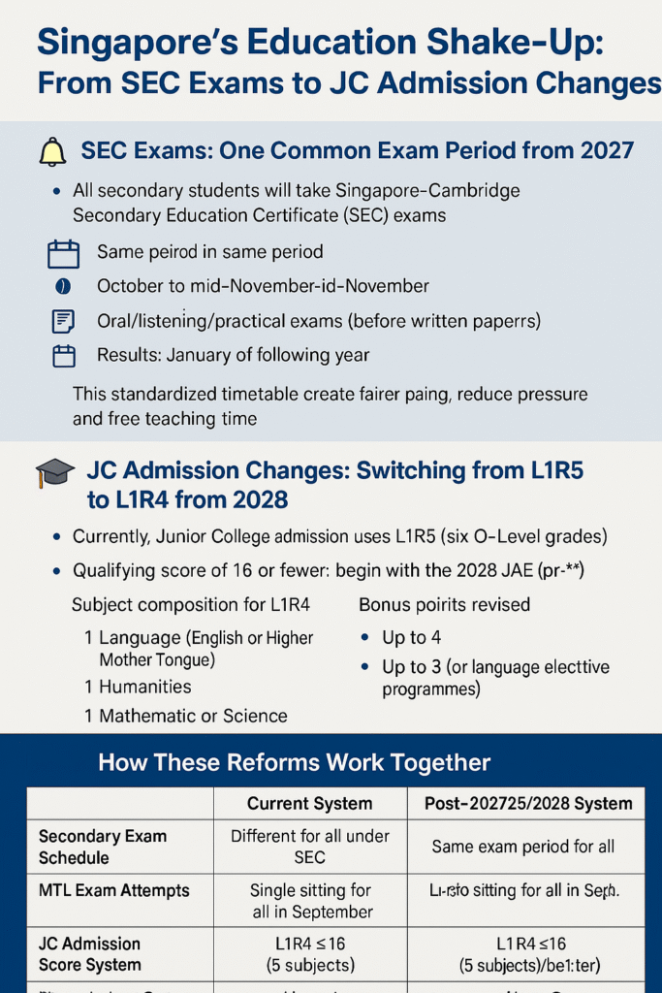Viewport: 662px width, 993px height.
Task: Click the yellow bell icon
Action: pyautogui.click(x=51, y=153)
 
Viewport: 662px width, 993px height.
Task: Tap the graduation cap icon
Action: pyautogui.click(x=54, y=474)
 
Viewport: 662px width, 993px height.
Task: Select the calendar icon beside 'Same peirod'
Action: pyautogui.click(x=63, y=254)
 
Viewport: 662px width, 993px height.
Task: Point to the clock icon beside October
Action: pyautogui.click(x=63, y=287)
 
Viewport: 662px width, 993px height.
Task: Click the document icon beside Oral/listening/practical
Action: pyautogui.click(x=63, y=321)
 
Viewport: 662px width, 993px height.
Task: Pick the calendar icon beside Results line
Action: pyautogui.click(x=63, y=356)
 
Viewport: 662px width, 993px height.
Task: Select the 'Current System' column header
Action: pyautogui.click(x=309, y=803)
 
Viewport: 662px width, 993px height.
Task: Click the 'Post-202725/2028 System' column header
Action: pyautogui.click(x=528, y=803)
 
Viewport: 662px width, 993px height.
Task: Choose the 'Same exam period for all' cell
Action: pyautogui.click(x=523, y=847)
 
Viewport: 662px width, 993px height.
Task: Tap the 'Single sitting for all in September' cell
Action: pyautogui.click(x=311, y=901)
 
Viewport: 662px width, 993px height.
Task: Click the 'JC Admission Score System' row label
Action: pyautogui.click(x=89, y=954)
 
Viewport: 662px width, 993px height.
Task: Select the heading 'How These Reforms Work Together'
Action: pyautogui.click(x=294, y=763)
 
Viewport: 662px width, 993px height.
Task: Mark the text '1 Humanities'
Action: pyautogui.click(x=138, y=687)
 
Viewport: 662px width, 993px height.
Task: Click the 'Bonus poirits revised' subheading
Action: pyautogui.click(x=444, y=604)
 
